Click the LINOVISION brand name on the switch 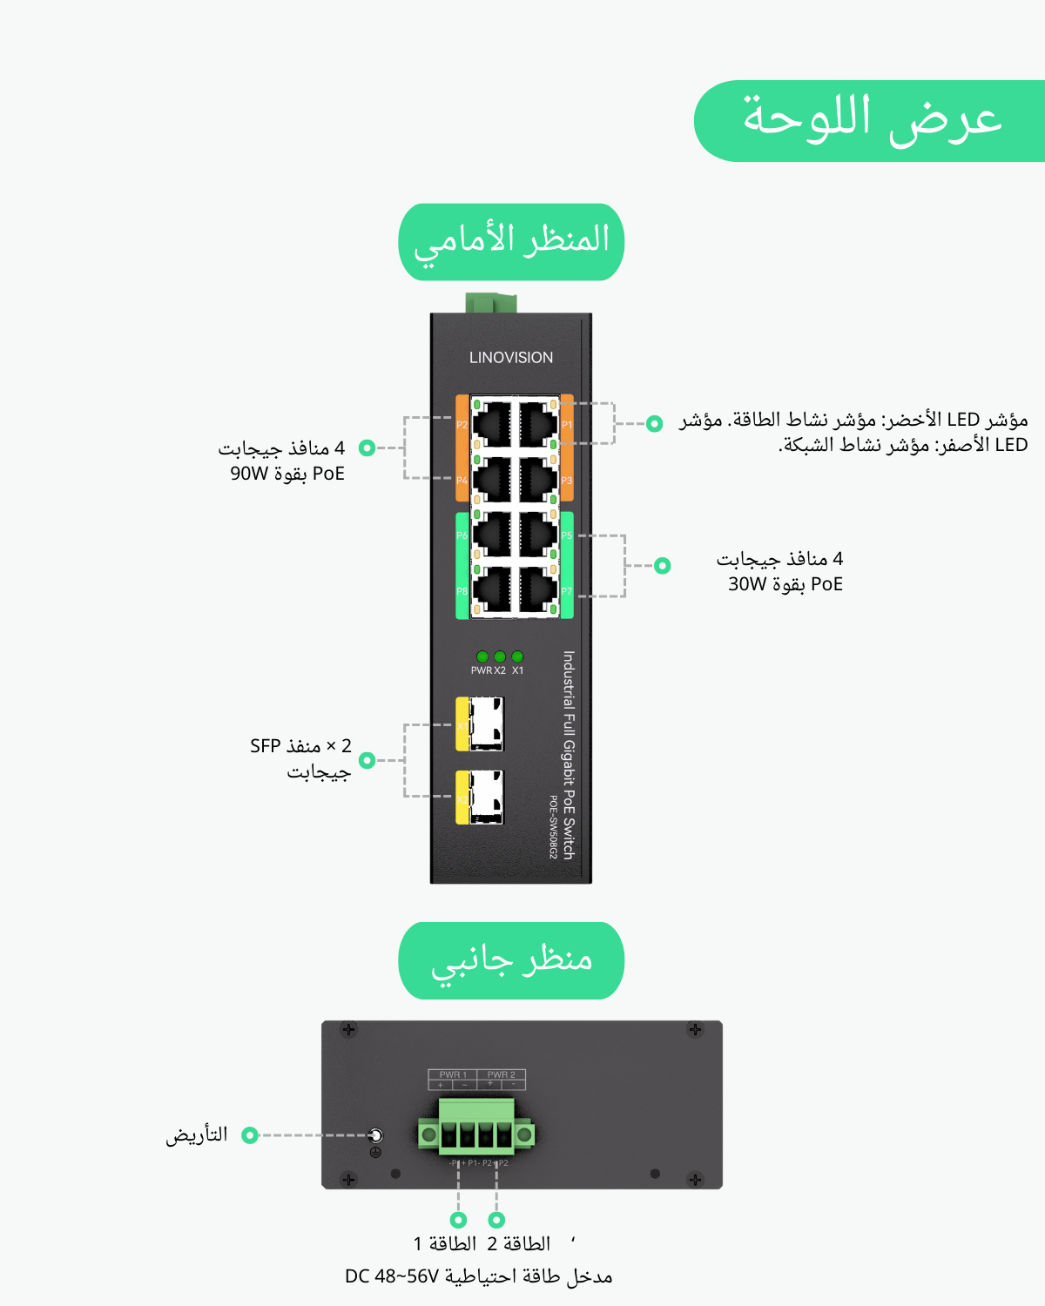(x=511, y=358)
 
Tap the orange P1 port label (x=567, y=425)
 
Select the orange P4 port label (x=462, y=481)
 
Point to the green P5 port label (x=567, y=535)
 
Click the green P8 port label (x=462, y=591)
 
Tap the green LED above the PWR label (x=482, y=656)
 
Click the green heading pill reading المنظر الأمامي (x=511, y=241)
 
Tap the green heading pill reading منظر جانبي (x=511, y=960)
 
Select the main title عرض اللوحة (x=871, y=120)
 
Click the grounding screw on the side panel (x=375, y=1135)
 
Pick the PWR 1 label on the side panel (x=453, y=1074)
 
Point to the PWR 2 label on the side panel (x=501, y=1074)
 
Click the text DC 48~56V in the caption (x=392, y=1276)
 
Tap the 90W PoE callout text (x=287, y=474)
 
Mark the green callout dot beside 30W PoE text (x=663, y=566)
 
